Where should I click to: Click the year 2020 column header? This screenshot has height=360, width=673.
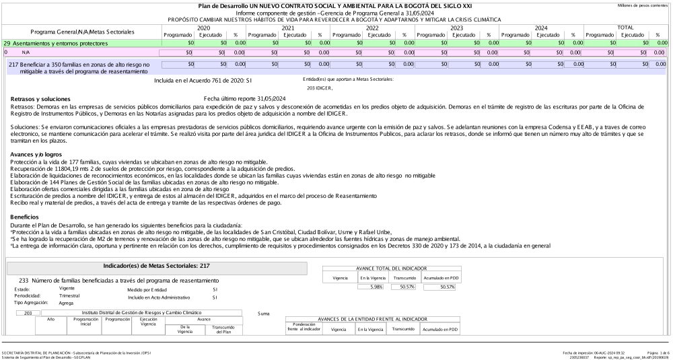coord(204,27)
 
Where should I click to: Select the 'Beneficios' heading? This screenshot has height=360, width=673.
coord(26,217)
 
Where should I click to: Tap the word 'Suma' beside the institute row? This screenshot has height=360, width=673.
coord(264,314)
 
